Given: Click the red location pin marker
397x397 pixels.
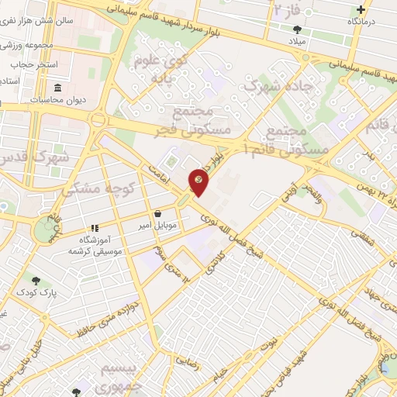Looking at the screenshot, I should [x=199, y=181].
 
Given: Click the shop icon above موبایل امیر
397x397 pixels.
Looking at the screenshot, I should [x=158, y=213].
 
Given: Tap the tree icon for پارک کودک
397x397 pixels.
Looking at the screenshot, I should [x=35, y=280].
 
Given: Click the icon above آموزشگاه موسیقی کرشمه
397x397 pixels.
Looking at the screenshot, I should [x=95, y=228].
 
